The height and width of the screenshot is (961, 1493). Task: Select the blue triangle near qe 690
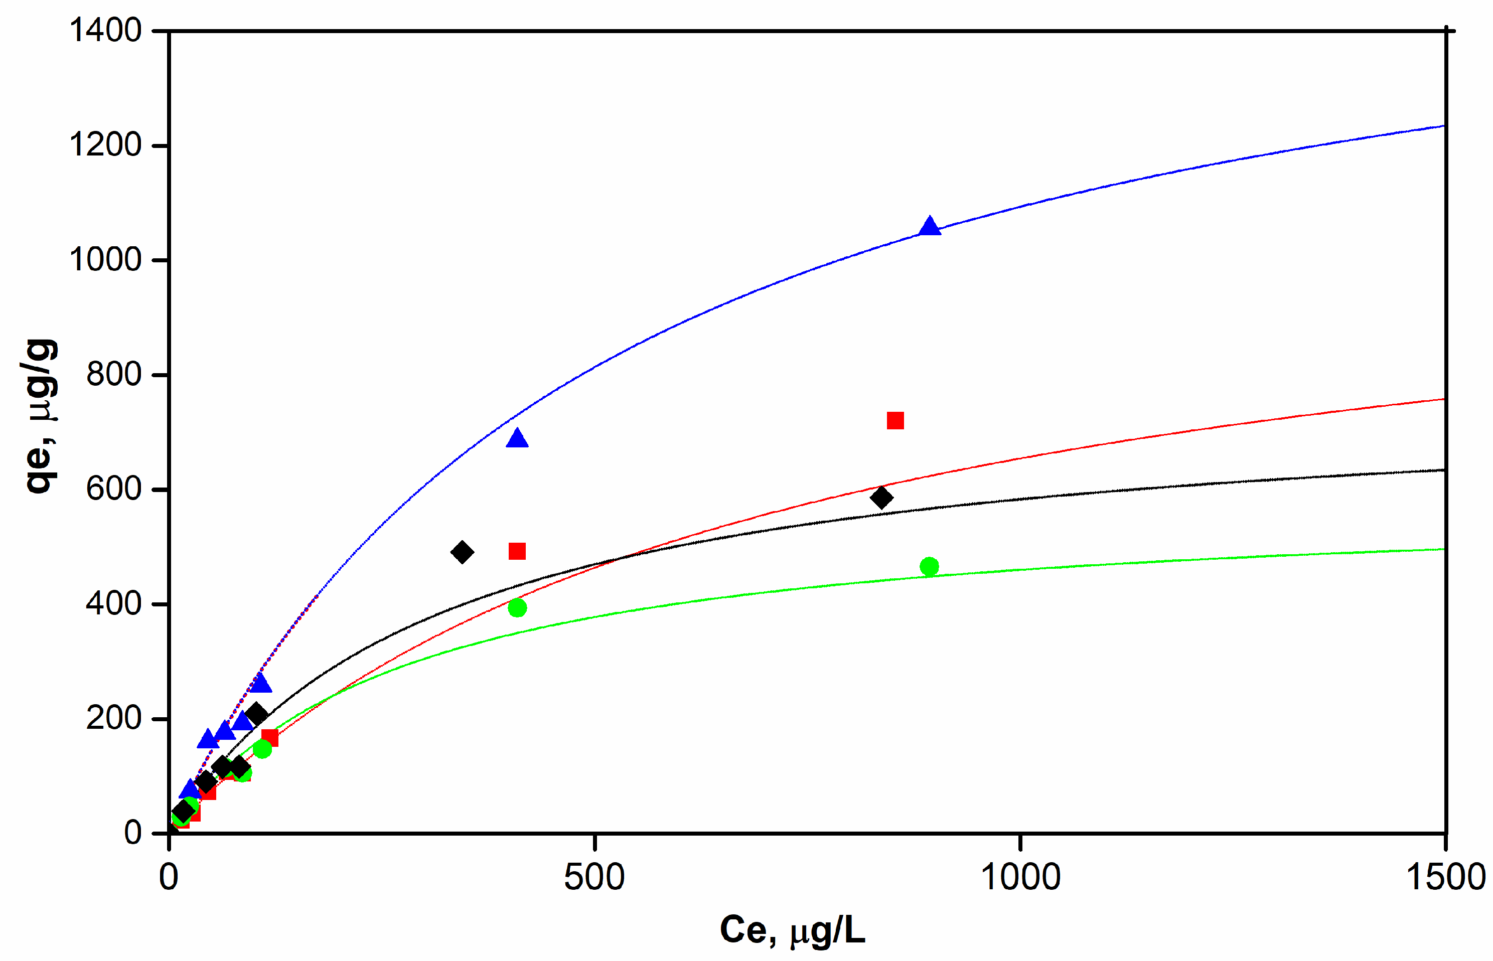(517, 439)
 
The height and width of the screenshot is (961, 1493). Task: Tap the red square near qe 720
(895, 421)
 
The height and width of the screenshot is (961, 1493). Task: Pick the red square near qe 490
(517, 551)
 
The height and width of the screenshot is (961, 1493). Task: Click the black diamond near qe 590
(880, 498)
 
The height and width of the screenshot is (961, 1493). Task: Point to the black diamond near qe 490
(462, 552)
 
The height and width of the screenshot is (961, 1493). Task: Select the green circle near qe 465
(929, 567)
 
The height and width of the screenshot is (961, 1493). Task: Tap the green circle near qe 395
(517, 608)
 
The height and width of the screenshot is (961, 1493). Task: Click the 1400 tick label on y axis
(105, 30)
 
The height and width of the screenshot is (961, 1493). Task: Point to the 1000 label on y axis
(105, 260)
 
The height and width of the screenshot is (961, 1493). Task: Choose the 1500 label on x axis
(1445, 877)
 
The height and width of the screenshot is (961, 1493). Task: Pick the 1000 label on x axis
(1020, 877)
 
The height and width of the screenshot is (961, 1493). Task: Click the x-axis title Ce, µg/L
(792, 930)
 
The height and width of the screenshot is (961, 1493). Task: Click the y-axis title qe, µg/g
(40, 416)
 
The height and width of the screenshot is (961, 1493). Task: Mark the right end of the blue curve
(1444, 126)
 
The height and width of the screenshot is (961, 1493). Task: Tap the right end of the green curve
(1444, 549)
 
